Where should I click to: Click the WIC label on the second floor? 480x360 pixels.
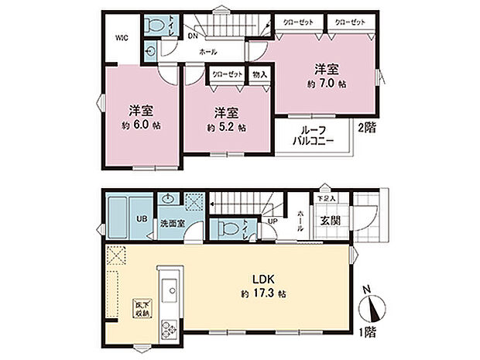click(122, 37)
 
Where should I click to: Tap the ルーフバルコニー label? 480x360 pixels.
click(313, 136)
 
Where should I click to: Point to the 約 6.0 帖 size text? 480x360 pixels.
click(139, 124)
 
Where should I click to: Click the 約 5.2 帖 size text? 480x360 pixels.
click(225, 127)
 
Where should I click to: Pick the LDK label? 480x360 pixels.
click(260, 277)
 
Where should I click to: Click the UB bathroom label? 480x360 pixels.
click(142, 218)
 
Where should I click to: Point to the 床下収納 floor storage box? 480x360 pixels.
click(140, 309)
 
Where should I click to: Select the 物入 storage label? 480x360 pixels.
click(259, 75)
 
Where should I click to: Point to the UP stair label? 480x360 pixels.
click(272, 222)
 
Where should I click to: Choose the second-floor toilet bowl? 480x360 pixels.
click(154, 24)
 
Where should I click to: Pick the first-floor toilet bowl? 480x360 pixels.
click(225, 229)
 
